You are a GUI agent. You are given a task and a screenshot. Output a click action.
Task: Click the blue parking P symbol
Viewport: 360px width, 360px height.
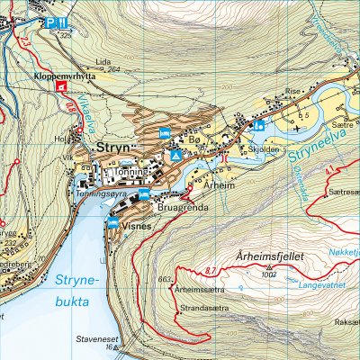(51, 22)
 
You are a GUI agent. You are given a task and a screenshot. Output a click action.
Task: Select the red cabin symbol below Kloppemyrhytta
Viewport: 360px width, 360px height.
(60, 88)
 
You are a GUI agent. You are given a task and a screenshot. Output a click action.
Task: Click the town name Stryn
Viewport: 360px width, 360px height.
(114, 146)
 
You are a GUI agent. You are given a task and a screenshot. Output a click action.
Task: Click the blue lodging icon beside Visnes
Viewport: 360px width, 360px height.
(113, 222)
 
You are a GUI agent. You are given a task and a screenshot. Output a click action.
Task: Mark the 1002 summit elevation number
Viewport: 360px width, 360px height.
(266, 274)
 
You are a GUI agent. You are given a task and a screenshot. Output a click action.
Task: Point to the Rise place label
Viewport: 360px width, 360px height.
(292, 91)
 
